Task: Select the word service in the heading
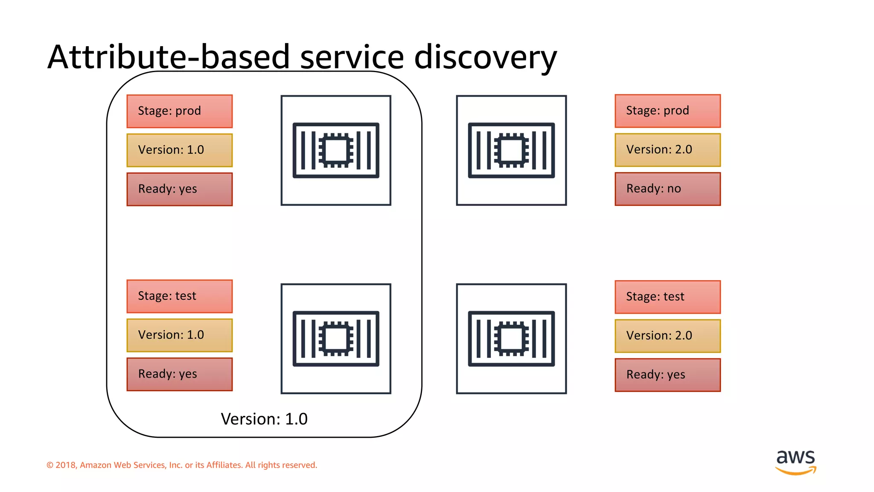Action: coord(352,57)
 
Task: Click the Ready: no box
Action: coord(667,189)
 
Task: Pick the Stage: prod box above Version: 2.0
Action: coord(667,111)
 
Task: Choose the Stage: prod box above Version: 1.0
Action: coord(180,111)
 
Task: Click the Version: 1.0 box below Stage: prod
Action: coord(180,150)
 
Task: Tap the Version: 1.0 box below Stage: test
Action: coord(180,335)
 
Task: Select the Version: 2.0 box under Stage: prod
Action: coord(667,150)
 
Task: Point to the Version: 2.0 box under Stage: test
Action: coord(667,336)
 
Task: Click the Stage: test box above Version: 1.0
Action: coord(180,296)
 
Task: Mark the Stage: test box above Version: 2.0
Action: coord(667,297)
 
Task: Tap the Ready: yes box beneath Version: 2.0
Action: coord(667,375)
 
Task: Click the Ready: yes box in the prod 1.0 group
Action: coord(180,189)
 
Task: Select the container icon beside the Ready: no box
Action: coord(511,150)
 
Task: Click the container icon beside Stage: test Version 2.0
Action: coord(511,339)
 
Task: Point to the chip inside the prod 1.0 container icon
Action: coord(336,150)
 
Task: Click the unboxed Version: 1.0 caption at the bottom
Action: coord(264,419)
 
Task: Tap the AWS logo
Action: coord(795,462)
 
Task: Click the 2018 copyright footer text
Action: coord(182,465)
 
